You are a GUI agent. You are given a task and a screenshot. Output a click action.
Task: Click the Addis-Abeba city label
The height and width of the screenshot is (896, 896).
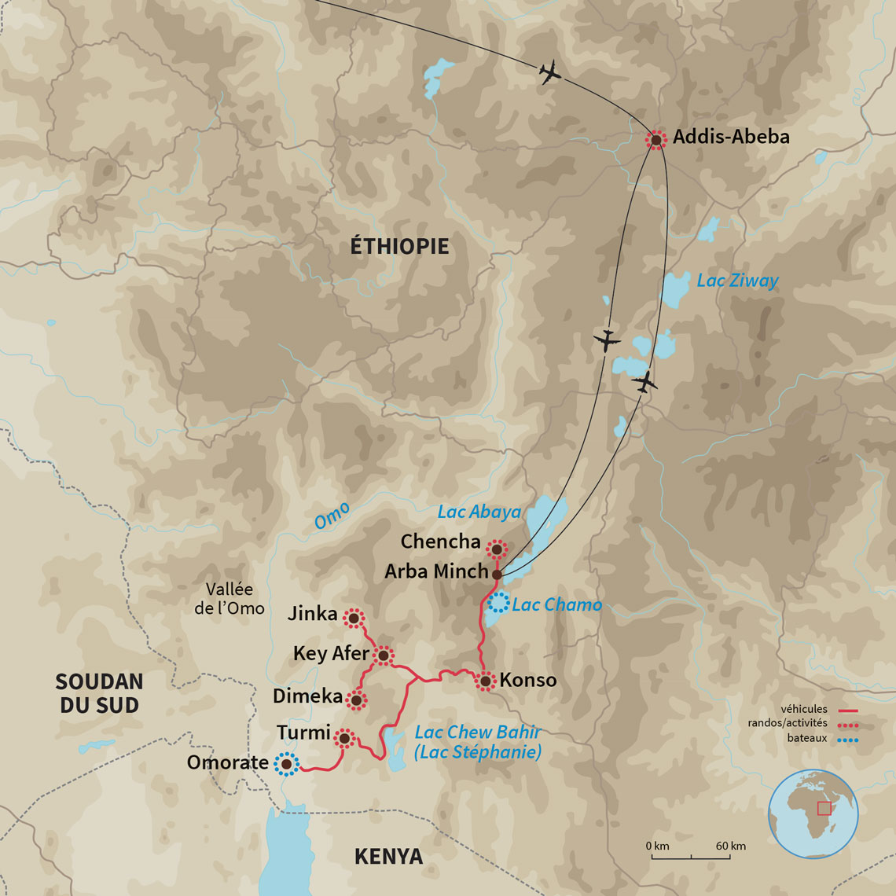coord(731,138)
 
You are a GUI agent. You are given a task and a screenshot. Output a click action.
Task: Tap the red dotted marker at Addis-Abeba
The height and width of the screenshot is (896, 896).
coord(655,140)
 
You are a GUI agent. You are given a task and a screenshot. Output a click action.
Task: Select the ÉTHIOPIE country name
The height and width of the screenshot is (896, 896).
coord(399,246)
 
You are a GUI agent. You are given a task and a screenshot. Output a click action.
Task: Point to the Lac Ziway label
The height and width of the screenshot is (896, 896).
coord(737,281)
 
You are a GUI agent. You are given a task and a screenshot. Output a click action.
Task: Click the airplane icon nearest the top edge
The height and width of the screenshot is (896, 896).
coord(551,72)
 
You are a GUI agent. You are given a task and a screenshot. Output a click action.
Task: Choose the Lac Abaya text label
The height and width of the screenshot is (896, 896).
coord(479,512)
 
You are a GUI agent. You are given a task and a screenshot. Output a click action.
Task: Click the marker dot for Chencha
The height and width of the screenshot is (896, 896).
coord(496,549)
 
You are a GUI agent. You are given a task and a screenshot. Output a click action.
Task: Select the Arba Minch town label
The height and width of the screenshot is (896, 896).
coord(436,571)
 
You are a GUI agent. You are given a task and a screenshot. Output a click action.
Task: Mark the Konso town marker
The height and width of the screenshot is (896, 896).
coord(486,681)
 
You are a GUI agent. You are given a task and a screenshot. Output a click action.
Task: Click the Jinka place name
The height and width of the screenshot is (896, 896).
coord(312,614)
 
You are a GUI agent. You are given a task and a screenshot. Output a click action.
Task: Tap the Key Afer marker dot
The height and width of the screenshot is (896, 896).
coord(383,654)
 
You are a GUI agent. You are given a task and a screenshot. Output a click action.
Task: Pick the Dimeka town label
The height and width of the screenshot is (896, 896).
coord(307,696)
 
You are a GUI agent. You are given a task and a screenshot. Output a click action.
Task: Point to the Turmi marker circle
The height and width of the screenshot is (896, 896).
coord(343,737)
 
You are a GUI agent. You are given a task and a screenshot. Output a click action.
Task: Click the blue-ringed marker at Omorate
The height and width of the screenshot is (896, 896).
coord(287,763)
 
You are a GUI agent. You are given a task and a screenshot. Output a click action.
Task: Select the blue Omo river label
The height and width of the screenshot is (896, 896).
coord(332,516)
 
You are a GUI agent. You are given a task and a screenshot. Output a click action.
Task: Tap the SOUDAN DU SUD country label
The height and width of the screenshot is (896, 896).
coord(99,692)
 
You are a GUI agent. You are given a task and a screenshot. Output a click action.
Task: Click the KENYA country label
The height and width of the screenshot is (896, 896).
coord(388,856)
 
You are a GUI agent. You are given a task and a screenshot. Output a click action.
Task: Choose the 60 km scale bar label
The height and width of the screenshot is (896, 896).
coord(731,846)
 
